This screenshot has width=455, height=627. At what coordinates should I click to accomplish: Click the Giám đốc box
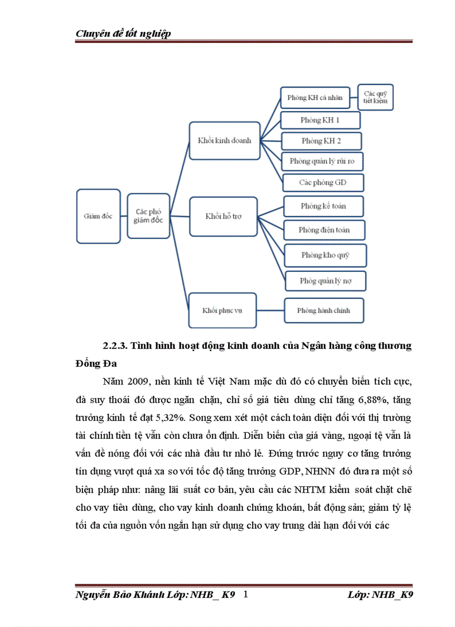(98, 216)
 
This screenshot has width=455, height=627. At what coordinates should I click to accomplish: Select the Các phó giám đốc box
(148, 216)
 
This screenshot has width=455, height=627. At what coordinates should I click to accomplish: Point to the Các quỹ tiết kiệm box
(375, 97)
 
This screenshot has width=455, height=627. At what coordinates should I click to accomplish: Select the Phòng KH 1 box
(320, 120)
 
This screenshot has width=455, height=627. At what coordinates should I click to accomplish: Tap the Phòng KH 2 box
(321, 141)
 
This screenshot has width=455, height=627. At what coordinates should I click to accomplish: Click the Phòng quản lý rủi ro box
(322, 162)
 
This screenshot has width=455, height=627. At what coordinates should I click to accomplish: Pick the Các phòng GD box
(323, 183)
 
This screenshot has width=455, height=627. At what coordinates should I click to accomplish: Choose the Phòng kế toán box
(323, 206)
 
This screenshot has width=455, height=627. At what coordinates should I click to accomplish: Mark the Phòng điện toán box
(324, 229)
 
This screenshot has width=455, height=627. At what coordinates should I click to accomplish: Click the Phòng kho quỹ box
(325, 255)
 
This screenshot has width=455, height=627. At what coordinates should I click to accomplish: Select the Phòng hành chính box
(323, 310)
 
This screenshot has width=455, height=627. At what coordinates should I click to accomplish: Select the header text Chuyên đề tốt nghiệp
(123, 33)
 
